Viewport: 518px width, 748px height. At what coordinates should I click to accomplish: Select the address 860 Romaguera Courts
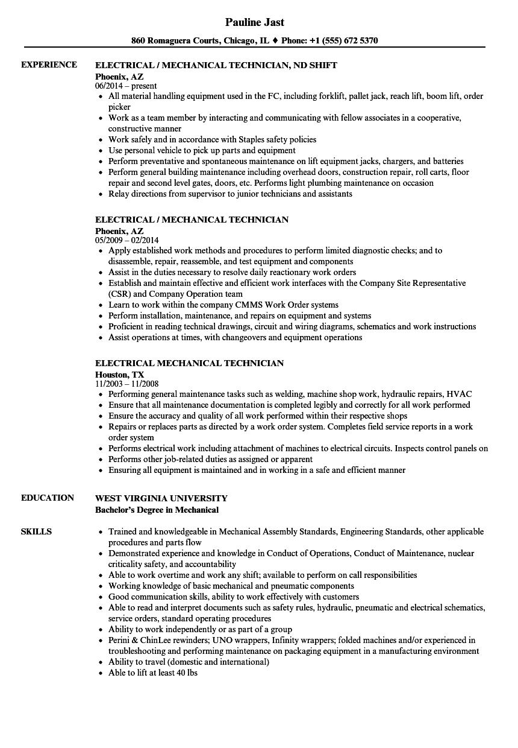(x=174, y=41)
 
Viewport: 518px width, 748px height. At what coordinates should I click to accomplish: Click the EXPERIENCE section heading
(x=49, y=65)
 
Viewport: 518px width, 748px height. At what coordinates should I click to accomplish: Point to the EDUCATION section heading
(x=48, y=498)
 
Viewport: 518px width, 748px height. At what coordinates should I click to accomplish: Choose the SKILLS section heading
(x=36, y=531)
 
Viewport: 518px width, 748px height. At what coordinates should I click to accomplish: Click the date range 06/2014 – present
(x=126, y=86)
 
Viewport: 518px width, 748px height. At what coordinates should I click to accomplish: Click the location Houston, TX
(x=120, y=374)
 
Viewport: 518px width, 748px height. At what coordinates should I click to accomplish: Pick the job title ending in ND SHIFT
(x=216, y=65)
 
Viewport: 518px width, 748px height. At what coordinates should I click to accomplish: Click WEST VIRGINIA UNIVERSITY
(x=161, y=498)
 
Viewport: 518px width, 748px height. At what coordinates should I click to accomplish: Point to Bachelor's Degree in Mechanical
(x=157, y=510)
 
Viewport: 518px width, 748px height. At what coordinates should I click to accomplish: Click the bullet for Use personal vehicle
(x=101, y=150)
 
